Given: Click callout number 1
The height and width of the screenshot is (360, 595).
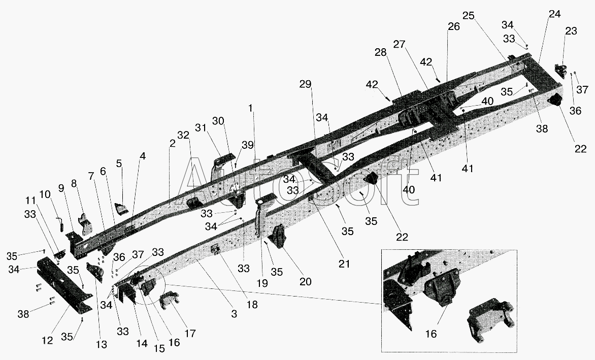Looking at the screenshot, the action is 250,109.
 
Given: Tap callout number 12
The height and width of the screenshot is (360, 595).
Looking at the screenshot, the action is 47,340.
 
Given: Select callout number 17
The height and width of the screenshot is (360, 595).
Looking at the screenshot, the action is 190,333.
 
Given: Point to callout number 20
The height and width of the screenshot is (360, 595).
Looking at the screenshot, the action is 305,281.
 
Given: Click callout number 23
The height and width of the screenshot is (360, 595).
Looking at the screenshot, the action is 571,31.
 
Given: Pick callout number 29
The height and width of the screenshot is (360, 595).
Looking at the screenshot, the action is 305,84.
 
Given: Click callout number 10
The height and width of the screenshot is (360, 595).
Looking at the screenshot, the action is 44,194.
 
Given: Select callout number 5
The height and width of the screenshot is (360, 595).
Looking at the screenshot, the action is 119,163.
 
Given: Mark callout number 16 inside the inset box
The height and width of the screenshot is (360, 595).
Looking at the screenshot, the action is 431,334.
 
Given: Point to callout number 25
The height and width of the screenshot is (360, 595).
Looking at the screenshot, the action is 468,16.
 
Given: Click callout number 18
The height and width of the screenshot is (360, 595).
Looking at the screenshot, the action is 252,304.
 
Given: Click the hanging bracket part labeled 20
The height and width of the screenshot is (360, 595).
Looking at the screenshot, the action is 279,236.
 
